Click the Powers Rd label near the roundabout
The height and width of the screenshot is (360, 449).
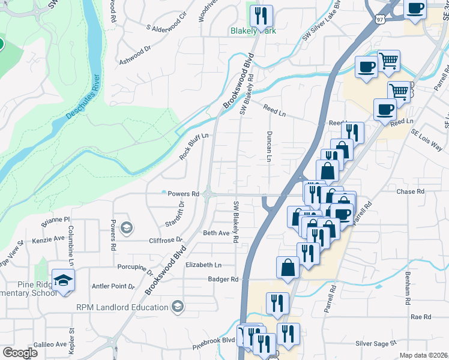[x=183, y=194]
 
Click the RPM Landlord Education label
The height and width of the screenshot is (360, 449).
[x=122, y=307]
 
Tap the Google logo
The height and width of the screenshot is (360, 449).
[x=20, y=352]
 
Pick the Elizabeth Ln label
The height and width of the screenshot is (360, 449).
[x=203, y=265]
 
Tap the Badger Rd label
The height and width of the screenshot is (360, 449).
[x=223, y=279]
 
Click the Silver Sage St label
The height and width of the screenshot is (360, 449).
[x=376, y=344]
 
